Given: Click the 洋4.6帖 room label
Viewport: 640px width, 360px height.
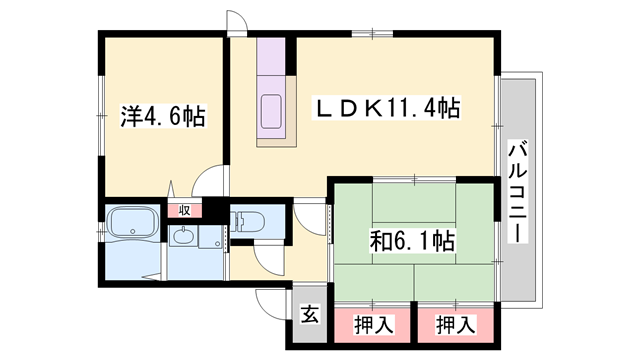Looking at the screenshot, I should point(163,117).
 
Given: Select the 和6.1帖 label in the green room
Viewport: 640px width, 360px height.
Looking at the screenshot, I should point(413,241).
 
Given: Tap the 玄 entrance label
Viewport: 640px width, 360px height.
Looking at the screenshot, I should point(309,315).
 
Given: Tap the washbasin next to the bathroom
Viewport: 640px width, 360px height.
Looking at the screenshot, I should point(183,237).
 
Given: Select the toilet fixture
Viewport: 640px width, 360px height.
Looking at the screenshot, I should point(247,221).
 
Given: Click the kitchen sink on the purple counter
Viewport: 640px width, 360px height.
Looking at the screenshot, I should point(271,107).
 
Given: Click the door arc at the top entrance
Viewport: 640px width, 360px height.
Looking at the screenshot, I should point(238,22).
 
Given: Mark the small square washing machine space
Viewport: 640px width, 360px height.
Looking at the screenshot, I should point(211,238).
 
